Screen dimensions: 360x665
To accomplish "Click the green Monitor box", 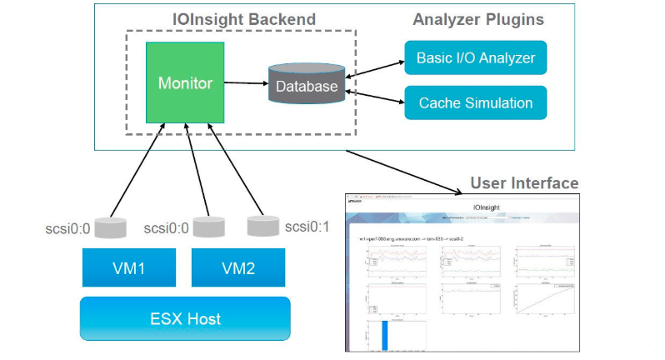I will [185, 83].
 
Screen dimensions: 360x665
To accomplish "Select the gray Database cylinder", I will [307, 84].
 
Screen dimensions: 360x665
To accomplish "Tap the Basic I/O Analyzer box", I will [475, 58].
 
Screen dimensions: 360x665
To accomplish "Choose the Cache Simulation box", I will [475, 103].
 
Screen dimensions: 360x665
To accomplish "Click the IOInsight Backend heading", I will [243, 19].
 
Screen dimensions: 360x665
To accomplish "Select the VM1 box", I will [130, 269].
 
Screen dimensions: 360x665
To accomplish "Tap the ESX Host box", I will [184, 318].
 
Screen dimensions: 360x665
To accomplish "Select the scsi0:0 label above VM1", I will [66, 227].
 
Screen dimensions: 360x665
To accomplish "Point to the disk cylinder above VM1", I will [110, 227].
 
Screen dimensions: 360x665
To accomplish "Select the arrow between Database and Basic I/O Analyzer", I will [375, 68].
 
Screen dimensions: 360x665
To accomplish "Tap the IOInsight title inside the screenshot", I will [486, 205].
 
